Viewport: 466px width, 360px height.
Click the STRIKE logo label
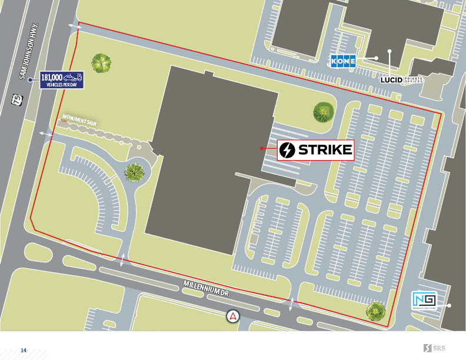[x=316, y=150]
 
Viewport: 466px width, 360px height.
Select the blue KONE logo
[x=345, y=60]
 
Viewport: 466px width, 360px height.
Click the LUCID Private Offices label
[x=402, y=79]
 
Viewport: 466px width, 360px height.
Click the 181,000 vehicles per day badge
[x=62, y=79]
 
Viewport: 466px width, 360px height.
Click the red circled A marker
[x=234, y=316]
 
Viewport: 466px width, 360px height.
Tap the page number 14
[x=24, y=351]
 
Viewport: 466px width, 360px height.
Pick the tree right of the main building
[x=323, y=111]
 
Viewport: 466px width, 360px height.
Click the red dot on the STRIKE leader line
[x=262, y=149]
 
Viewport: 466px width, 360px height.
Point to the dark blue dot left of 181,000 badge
[x=30, y=79]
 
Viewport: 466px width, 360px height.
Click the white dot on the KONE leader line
[x=376, y=58]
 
